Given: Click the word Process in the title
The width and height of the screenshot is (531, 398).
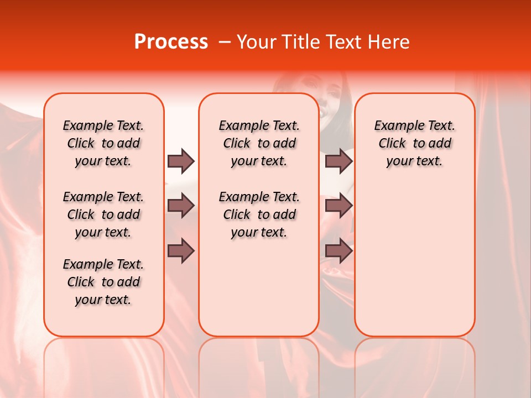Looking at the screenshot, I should coord(171,42).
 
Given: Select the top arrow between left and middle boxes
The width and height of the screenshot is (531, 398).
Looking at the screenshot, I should coord(181,161).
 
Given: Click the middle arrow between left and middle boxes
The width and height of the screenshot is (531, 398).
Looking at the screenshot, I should coord(181,206).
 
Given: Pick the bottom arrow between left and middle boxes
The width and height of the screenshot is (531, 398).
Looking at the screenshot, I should coord(181,251).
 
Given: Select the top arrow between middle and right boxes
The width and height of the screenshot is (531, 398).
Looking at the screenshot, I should coord(339,161).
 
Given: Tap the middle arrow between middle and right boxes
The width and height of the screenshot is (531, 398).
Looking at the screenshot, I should coord(339,206).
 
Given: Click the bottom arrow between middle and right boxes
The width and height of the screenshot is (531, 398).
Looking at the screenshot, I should coord(339,251).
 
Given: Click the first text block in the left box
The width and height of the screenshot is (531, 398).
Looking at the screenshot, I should coord(103,143).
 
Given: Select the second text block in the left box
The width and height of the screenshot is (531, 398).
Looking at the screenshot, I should coord(103,214).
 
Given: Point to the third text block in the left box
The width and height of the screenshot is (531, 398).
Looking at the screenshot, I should coord(103,282).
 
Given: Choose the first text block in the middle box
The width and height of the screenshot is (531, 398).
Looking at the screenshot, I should coord(259,143).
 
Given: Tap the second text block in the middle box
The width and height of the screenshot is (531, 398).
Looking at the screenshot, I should coord(259,214).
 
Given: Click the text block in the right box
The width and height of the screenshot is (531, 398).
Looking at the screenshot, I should coord(414,143).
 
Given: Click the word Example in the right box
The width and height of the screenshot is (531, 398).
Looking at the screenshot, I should coord(395,126).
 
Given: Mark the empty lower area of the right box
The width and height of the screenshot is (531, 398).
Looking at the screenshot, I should coord(414,254).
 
